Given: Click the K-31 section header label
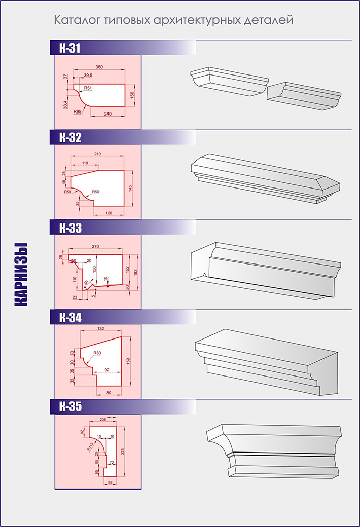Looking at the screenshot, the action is (x=69, y=48).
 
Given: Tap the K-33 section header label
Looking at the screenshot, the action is (x=70, y=228).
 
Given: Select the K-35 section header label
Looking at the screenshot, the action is (x=70, y=407).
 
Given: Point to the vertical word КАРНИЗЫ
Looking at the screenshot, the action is (x=21, y=274).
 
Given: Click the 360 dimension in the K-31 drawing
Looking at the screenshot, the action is (x=99, y=67).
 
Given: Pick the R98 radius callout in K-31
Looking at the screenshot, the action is (x=78, y=111).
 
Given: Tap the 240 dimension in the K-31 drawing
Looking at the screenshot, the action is (x=107, y=114).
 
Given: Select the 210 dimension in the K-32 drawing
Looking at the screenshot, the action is (x=97, y=154).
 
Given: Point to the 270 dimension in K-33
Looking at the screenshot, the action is (x=95, y=246).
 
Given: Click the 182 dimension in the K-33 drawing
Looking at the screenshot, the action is (x=135, y=272).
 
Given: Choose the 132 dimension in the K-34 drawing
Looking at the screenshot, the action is (x=100, y=328).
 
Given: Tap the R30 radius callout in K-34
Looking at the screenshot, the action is (x=97, y=353).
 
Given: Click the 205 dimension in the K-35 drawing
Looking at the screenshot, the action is (x=103, y=419).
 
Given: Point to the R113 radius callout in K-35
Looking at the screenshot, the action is (x=90, y=446).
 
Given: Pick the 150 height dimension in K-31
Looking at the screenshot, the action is (x=132, y=95).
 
